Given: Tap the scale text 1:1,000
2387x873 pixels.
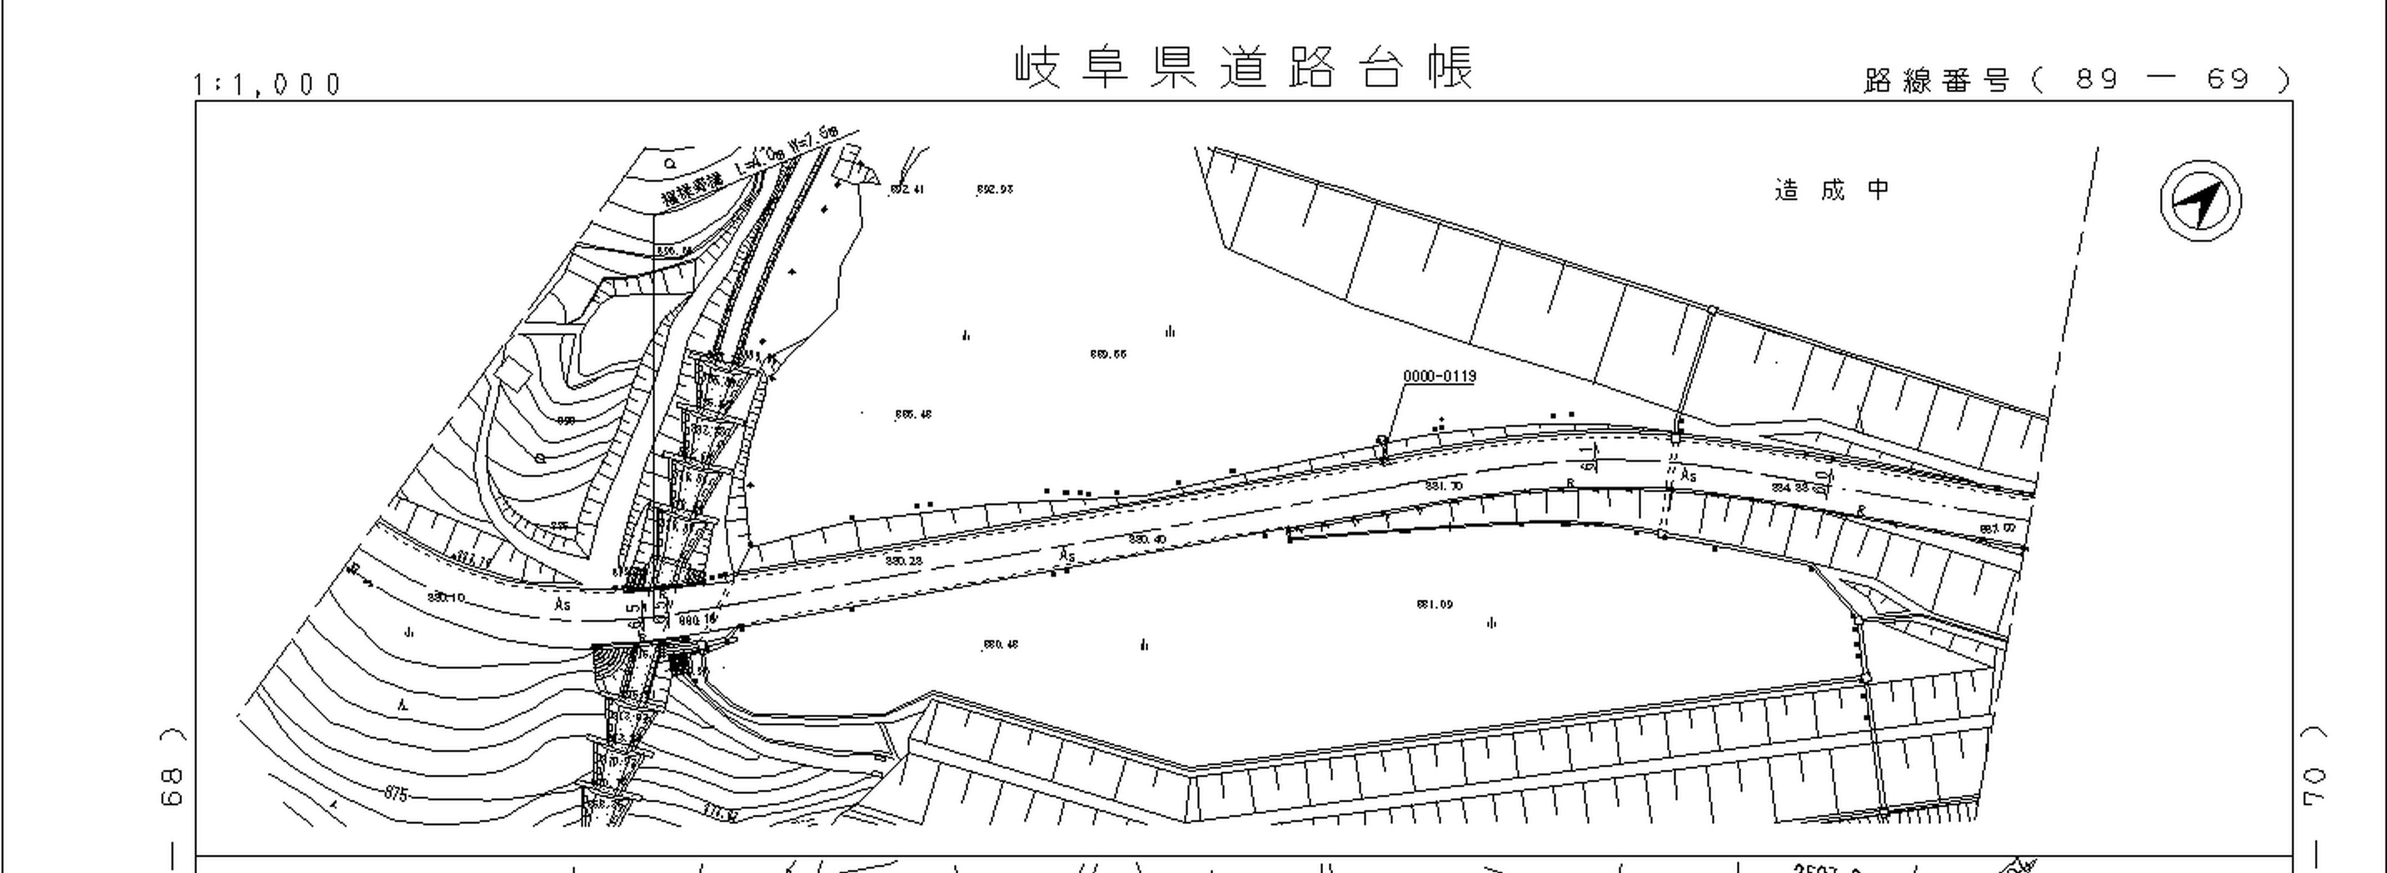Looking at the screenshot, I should (x=268, y=84).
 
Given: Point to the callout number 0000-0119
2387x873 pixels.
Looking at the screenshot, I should (x=1439, y=377).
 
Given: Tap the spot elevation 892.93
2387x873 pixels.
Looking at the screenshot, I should (x=994, y=189).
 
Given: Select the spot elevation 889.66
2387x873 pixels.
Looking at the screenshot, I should (x=1108, y=354).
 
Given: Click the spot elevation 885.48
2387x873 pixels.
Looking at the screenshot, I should (x=913, y=414).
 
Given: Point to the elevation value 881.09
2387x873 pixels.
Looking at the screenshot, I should (x=1434, y=604).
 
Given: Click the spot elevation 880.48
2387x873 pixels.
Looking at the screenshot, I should (x=1000, y=644).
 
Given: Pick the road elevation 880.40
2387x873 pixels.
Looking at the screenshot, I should (x=1147, y=539).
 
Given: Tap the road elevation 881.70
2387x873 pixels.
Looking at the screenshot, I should (x=1444, y=485).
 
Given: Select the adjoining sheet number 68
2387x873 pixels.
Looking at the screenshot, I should (x=172, y=786).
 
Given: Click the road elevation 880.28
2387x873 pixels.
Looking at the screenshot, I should (x=903, y=561).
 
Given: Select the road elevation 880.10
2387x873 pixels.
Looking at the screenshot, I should (x=446, y=597).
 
